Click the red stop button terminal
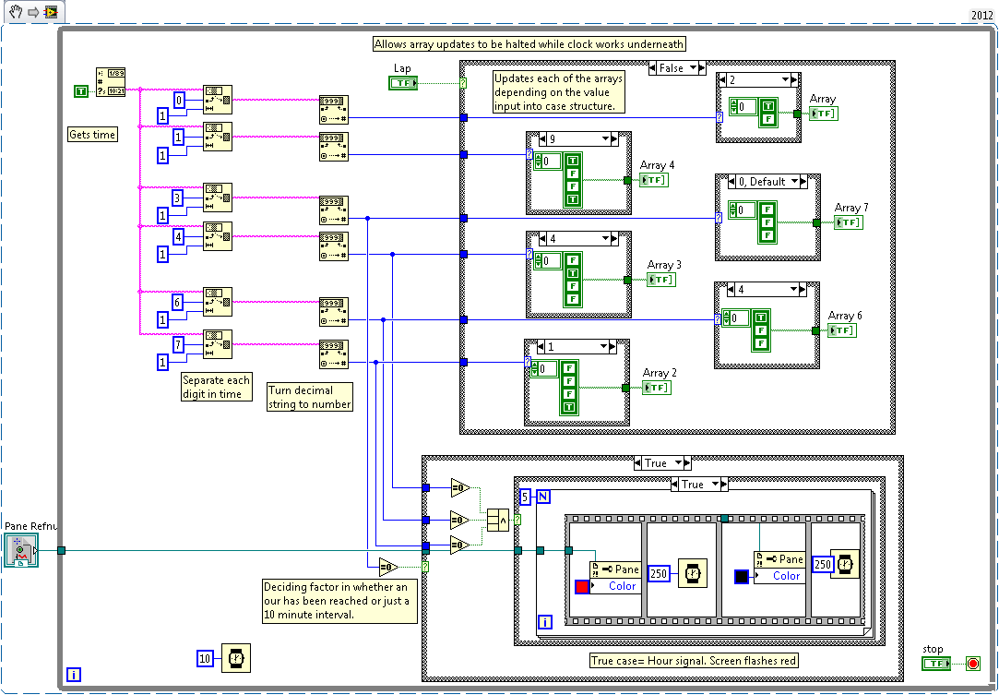pos(971,663)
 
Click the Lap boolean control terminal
pos(403,83)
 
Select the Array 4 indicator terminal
pos(653,180)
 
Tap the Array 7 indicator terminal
pos(849,222)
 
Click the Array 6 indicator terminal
pos(841,330)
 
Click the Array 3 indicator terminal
pos(660,280)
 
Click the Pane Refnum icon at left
pos(19,550)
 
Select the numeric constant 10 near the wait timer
pos(207,657)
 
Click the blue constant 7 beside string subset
pos(179,344)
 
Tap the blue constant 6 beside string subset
pos(179,302)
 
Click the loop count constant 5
pos(525,497)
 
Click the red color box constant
pos(581,586)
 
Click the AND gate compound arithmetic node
pos(498,521)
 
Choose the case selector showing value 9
pos(572,139)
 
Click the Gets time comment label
pos(92,135)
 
